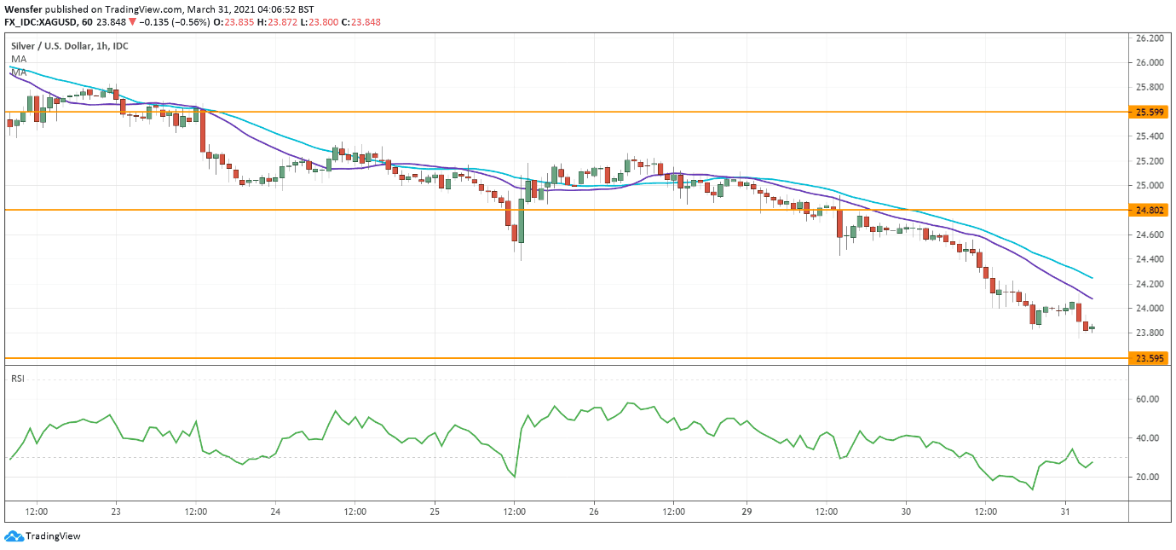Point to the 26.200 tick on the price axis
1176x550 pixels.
tap(1150, 38)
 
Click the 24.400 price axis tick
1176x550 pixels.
tap(1150, 259)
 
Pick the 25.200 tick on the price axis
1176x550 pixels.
tap(1150, 161)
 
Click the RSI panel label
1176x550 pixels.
tap(17, 378)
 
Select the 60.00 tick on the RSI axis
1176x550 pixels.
tap(1147, 399)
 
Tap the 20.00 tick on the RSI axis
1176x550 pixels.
tap(1147, 478)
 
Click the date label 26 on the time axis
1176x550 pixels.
tap(594, 512)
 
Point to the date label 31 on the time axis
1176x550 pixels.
tap(1064, 512)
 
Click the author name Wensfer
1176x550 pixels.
tap(24, 9)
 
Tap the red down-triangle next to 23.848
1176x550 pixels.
tap(132, 21)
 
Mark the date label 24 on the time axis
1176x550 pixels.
tap(275, 512)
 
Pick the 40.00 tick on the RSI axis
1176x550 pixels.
tap(1147, 438)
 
